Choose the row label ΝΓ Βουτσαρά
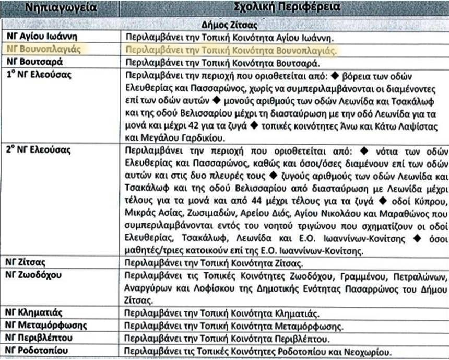[x=33, y=62]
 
